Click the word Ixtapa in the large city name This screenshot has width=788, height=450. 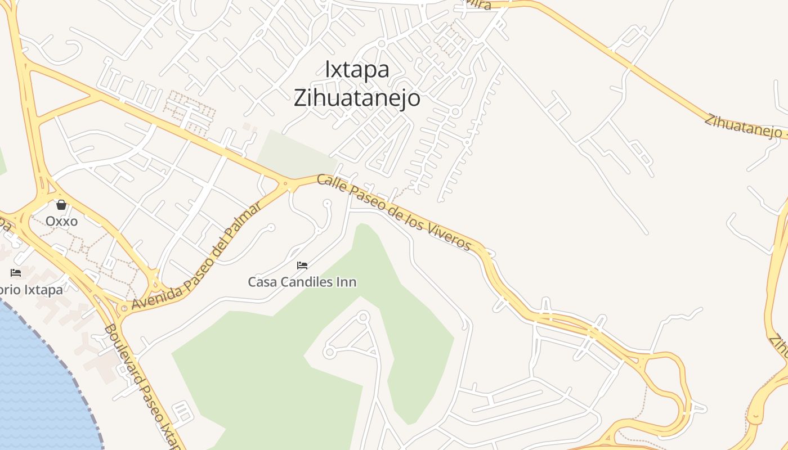tap(357, 69)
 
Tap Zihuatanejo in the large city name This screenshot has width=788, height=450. tap(357, 98)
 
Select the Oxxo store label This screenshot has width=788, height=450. tap(61, 221)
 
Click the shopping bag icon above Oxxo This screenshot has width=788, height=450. tap(61, 205)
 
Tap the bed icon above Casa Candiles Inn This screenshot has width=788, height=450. tap(302, 265)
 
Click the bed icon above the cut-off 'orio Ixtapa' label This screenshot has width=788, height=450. tap(16, 273)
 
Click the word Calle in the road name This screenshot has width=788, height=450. tap(328, 182)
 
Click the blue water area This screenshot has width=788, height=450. tap(39, 382)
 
